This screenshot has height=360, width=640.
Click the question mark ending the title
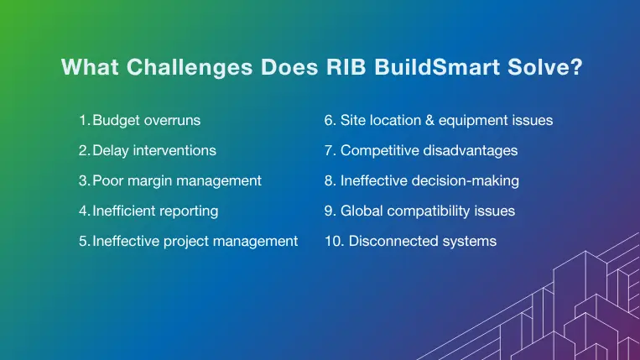tap(577, 67)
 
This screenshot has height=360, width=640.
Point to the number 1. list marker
tap(84, 120)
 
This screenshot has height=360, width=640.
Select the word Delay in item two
tap(111, 150)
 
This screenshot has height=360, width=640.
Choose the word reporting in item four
tap(189, 211)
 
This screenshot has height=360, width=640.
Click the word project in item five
tap(188, 241)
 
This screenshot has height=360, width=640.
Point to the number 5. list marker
tap(85, 241)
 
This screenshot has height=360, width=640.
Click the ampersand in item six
tap(440, 120)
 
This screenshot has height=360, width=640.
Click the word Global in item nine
tap(362, 211)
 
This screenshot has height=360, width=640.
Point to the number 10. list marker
tap(333, 241)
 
